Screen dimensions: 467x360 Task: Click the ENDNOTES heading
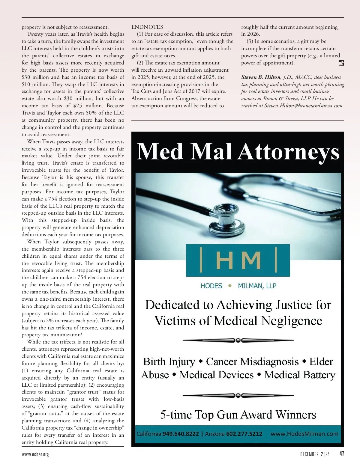(x=147, y=27)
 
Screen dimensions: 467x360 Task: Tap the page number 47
(x=341, y=454)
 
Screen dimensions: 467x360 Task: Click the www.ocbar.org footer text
(x=35, y=454)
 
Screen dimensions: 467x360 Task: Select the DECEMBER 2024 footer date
(x=315, y=454)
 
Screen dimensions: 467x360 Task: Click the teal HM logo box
(x=238, y=260)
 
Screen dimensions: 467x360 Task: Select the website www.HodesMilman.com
(x=304, y=434)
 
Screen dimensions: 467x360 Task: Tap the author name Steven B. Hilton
(x=261, y=77)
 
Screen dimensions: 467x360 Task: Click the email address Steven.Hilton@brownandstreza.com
(x=304, y=106)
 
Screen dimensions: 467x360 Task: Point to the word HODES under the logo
(x=211, y=286)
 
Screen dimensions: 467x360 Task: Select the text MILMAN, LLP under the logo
(x=257, y=286)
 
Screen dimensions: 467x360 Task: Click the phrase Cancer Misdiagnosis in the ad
(x=252, y=361)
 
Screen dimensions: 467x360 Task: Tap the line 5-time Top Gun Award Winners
(x=238, y=415)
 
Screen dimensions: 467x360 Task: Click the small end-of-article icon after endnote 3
(x=341, y=63)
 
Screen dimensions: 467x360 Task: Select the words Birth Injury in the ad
(x=169, y=361)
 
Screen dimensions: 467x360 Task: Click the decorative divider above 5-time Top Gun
(x=238, y=395)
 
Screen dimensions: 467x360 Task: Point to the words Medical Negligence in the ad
(x=268, y=321)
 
